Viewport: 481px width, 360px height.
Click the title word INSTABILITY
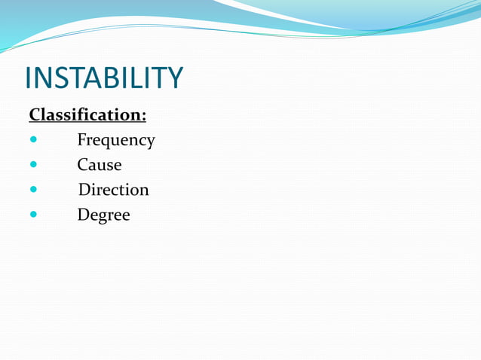point(103,78)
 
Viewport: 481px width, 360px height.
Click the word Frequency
point(115,141)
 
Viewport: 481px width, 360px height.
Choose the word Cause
point(99,165)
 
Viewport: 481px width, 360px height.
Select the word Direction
point(113,190)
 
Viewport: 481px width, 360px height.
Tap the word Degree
point(103,215)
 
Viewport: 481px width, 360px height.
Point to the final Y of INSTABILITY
point(173,78)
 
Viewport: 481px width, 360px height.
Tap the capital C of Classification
point(35,115)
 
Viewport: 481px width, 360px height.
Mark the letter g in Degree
point(103,218)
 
